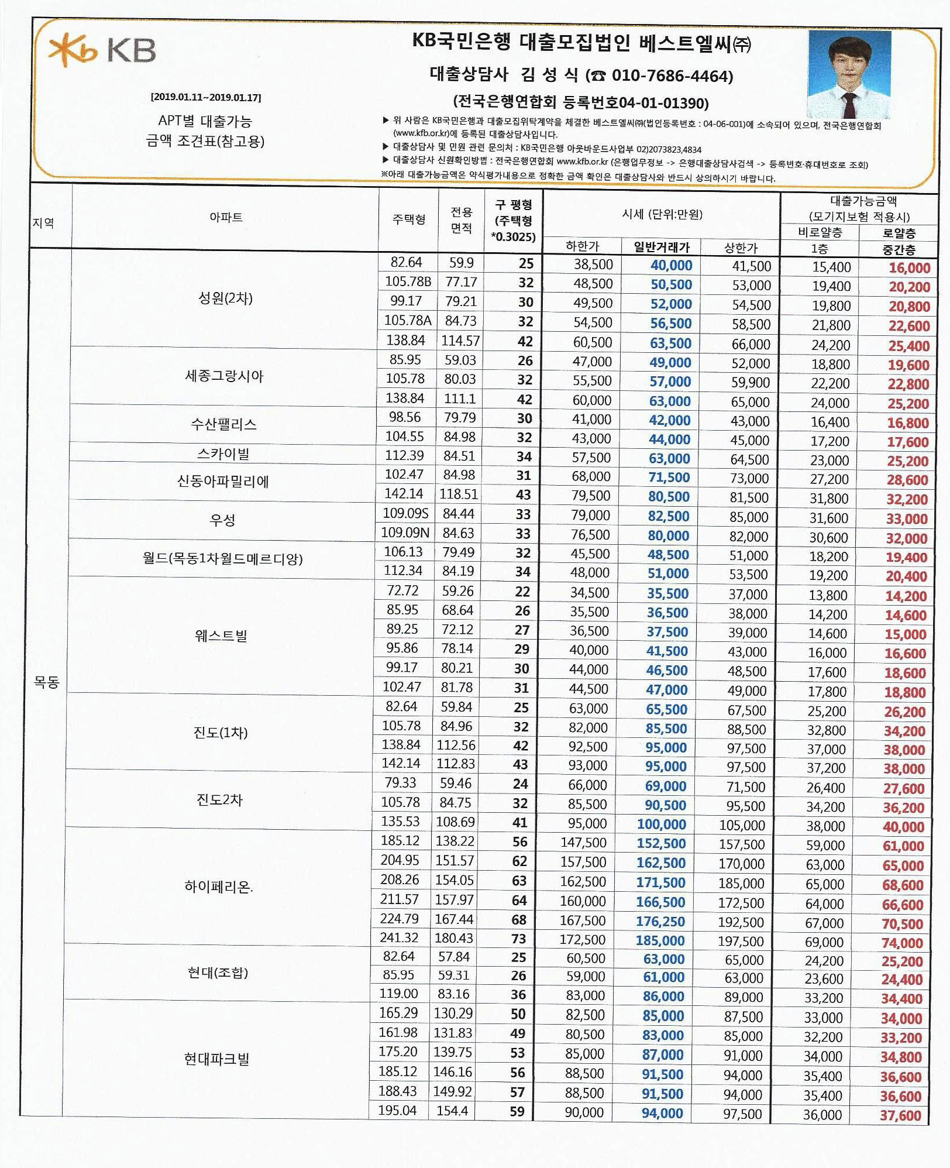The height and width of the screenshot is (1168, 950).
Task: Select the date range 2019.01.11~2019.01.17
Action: (x=206, y=97)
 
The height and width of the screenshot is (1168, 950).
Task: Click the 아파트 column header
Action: (x=226, y=218)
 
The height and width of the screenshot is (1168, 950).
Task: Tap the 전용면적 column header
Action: (x=461, y=220)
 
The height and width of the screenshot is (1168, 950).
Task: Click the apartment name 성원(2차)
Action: (x=225, y=298)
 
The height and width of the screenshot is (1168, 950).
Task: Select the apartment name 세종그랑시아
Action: (x=224, y=376)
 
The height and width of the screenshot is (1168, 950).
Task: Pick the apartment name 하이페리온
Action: (x=218, y=887)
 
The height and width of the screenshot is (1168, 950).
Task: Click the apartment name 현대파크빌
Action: (x=216, y=1059)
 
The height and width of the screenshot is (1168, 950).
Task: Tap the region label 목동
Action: (x=46, y=682)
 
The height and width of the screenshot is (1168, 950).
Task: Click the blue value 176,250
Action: (x=660, y=922)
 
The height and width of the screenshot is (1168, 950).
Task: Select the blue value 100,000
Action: (x=661, y=825)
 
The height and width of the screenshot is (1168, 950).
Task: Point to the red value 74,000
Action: (x=902, y=943)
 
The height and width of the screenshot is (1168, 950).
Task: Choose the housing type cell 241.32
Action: (x=399, y=938)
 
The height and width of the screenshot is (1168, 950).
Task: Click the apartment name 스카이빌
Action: (x=223, y=454)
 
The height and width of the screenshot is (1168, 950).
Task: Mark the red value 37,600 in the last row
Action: (x=900, y=1116)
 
